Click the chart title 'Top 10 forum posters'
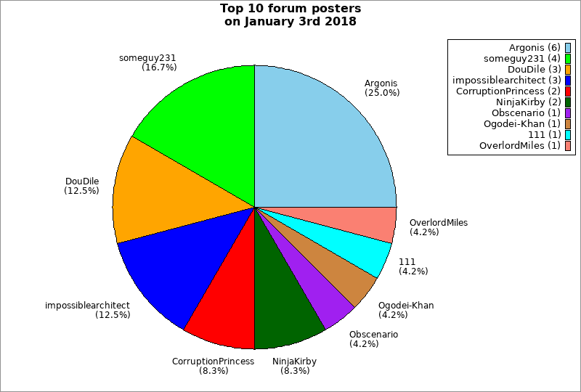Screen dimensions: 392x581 point(290,9)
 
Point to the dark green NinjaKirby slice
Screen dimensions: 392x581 point(283,312)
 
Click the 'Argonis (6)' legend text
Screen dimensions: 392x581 point(534,48)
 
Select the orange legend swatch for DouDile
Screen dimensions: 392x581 point(568,70)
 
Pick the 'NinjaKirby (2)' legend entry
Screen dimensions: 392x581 point(524,102)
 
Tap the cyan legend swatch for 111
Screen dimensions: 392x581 point(568,135)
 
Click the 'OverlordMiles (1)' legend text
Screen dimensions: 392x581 point(519,146)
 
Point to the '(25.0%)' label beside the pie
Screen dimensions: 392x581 point(382,93)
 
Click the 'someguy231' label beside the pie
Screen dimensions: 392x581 point(147,57)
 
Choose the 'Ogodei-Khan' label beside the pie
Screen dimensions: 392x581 point(406,306)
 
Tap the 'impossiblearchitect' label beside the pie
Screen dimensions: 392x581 point(87,306)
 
